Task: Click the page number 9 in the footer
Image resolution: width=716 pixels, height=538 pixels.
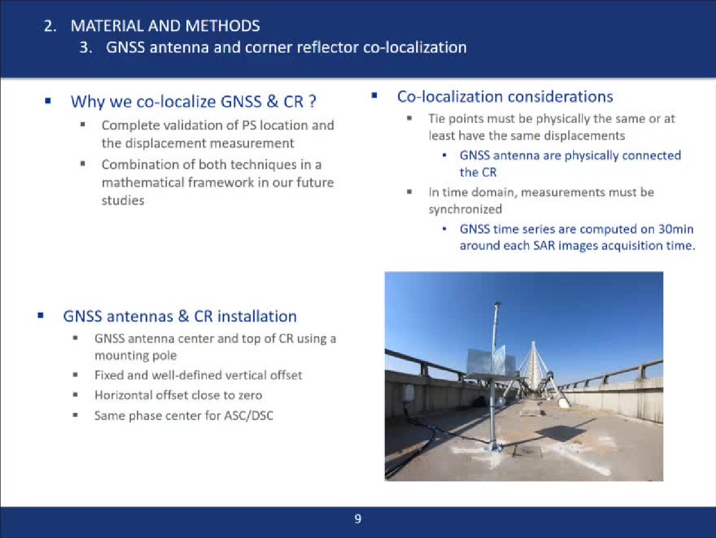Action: pos(358,519)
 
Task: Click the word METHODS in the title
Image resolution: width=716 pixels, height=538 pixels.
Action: pos(223,26)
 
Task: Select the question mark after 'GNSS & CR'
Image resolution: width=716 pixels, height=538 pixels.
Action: pos(312,101)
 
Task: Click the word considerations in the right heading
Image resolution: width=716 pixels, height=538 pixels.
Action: pos(560,97)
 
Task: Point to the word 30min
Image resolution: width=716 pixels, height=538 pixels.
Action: pos(676,229)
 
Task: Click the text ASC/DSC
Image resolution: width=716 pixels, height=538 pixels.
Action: pos(248,415)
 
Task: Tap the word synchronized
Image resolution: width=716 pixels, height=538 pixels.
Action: pos(465,209)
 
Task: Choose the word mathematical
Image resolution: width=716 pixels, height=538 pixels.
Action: pos(143,183)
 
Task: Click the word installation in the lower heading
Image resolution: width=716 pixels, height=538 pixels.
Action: pos(257,316)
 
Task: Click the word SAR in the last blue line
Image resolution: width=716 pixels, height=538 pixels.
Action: pos(544,246)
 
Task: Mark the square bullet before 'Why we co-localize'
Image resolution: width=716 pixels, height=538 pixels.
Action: pos(48,101)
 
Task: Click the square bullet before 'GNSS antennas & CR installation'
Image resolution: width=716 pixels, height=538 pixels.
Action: pos(41,316)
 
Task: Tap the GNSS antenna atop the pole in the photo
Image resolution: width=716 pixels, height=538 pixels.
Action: pos(497,305)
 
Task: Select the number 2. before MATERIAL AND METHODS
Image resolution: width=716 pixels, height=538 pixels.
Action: pos(50,26)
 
